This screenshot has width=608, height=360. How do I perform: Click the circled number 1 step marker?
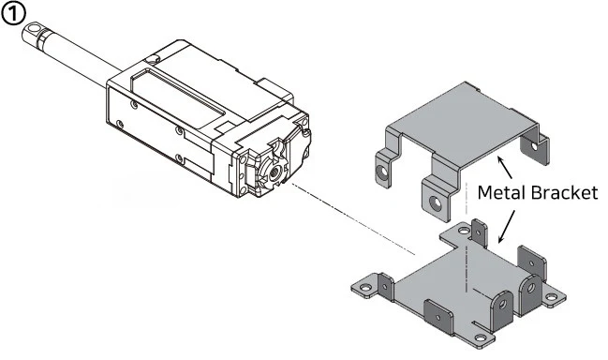click(13, 14)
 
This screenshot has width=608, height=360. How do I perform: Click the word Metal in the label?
click(501, 192)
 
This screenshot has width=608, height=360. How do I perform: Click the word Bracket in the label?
click(564, 192)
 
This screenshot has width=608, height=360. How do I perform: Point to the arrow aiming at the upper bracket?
click(505, 167)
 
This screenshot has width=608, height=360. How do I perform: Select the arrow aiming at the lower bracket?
click(507, 227)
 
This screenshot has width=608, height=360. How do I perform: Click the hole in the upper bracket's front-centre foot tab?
click(437, 202)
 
